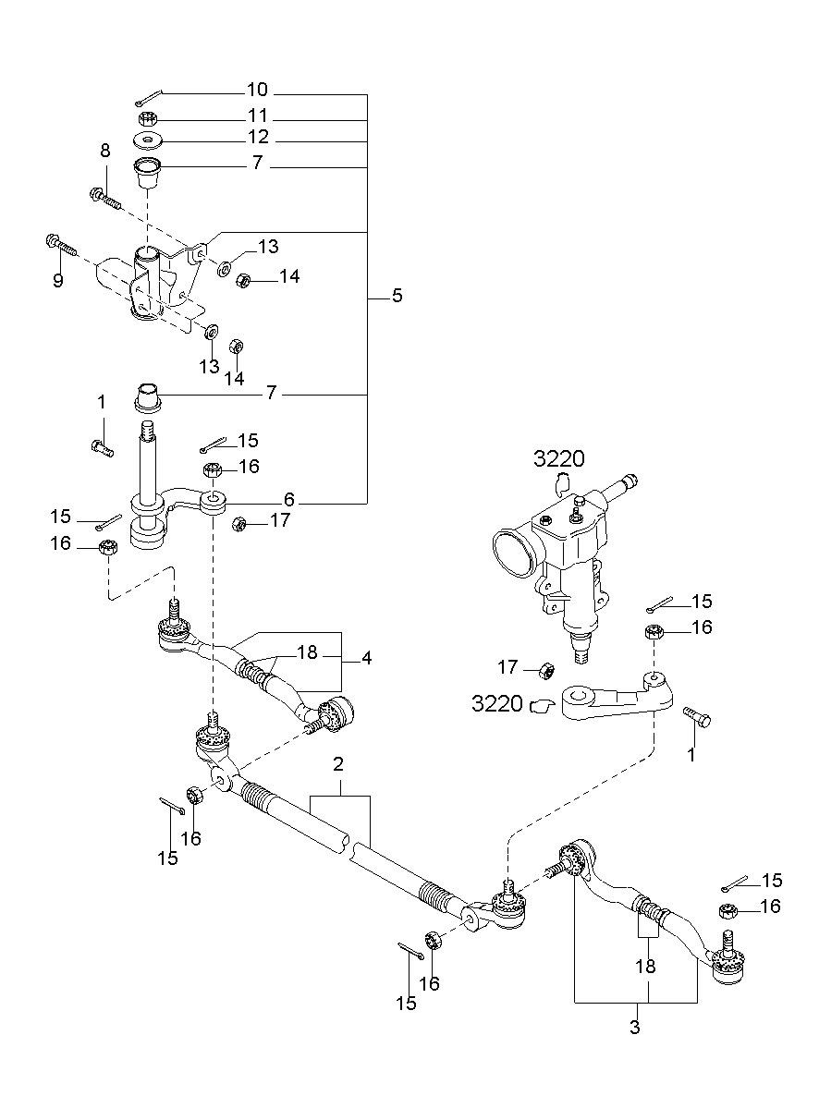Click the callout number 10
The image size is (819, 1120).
(x=257, y=90)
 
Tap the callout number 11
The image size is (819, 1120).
(x=258, y=116)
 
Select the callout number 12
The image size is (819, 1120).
(x=258, y=137)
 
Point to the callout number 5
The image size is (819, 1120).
(x=397, y=296)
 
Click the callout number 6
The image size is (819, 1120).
(x=289, y=500)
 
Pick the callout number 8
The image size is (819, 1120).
(x=105, y=151)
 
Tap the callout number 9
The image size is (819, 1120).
(x=58, y=280)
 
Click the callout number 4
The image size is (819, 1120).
(x=367, y=658)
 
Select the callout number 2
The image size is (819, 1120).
(x=338, y=764)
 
